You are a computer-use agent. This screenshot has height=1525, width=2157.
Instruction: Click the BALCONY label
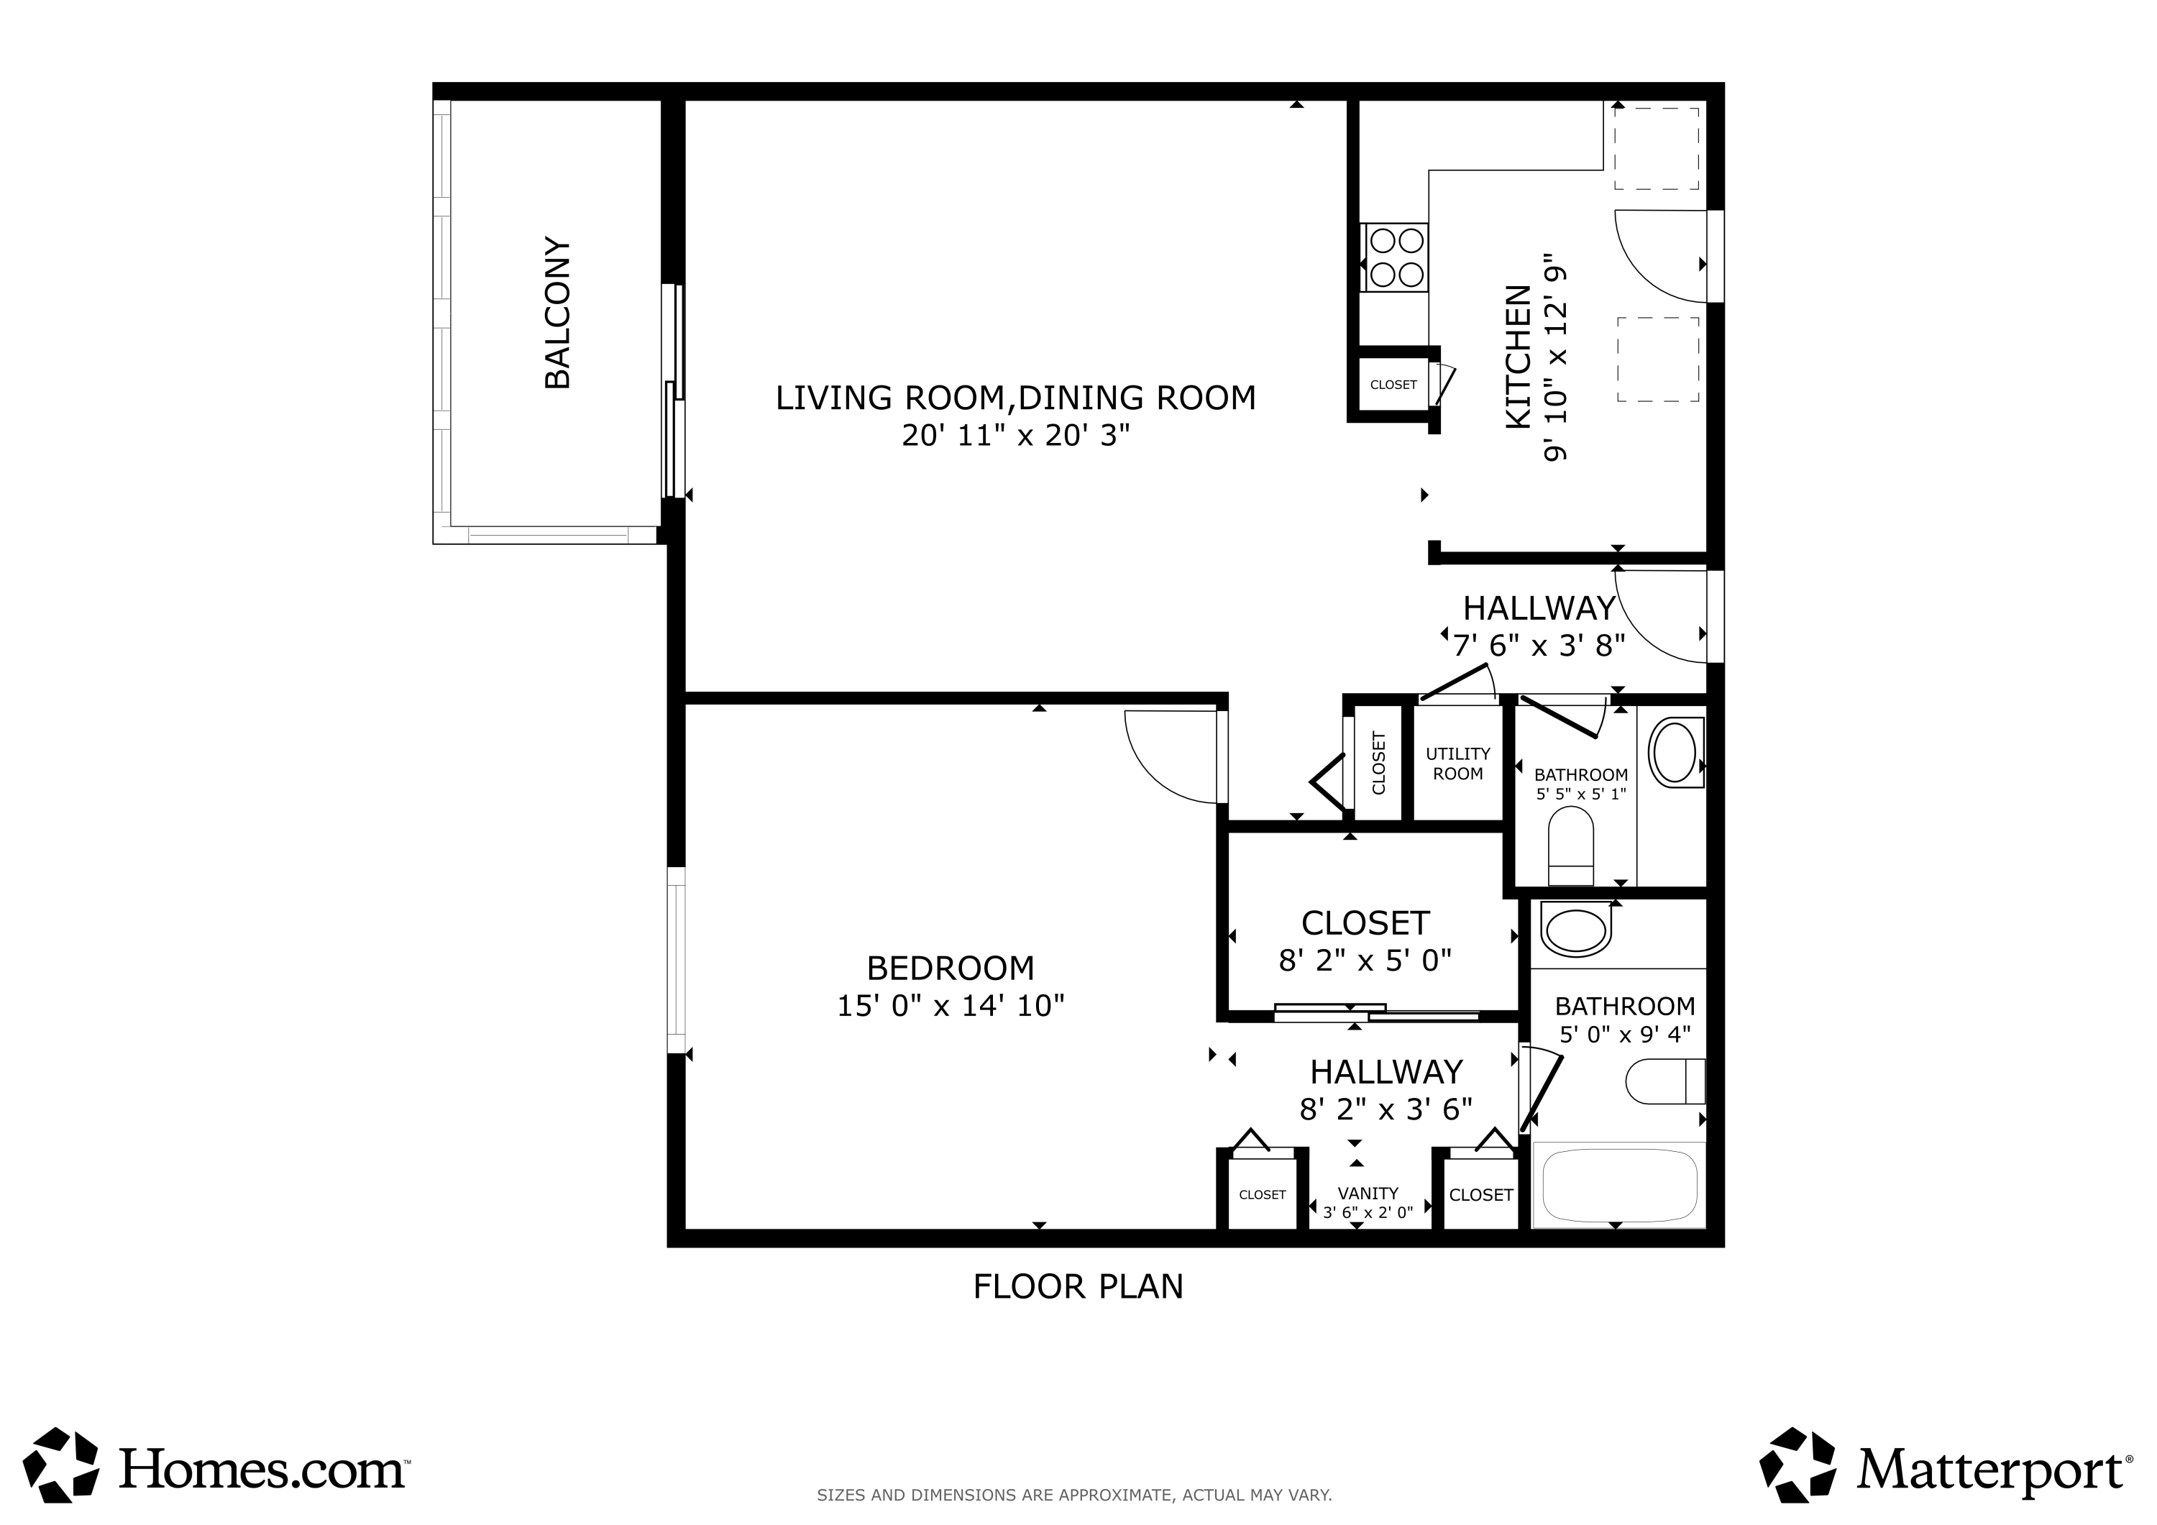558,313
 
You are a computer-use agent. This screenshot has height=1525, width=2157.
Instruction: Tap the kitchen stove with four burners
1395,257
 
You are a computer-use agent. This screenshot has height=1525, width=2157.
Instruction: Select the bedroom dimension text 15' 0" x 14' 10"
951,1005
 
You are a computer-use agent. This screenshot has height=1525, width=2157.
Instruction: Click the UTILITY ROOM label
1458,764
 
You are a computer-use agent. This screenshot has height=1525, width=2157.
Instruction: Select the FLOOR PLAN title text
1078,1286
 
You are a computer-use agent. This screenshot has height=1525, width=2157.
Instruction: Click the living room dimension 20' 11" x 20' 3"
1015,436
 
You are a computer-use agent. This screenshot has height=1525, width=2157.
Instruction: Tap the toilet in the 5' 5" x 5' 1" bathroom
1571,846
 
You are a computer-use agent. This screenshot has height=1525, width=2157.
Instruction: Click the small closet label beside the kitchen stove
1393,384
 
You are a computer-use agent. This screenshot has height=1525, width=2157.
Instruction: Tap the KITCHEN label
1518,358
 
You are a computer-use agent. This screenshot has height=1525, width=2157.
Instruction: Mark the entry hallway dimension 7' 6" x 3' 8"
1539,646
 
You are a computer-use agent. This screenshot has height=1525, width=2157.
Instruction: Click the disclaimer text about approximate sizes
1073,1495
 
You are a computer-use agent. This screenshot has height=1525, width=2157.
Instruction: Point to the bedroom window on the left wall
677,959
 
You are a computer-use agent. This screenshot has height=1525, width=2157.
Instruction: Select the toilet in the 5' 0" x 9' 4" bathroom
1664,1081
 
